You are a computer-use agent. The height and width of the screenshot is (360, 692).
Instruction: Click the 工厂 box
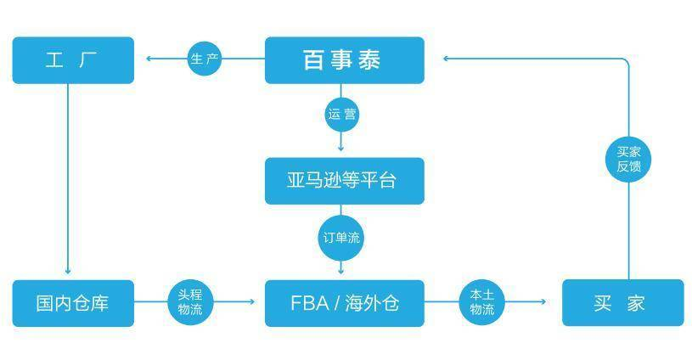[x=73, y=60]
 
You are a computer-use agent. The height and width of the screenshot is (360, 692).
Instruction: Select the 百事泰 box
[x=345, y=60]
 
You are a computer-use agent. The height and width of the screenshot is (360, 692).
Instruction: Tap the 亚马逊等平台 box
[x=345, y=181]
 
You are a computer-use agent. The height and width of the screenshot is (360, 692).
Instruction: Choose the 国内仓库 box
[x=73, y=303]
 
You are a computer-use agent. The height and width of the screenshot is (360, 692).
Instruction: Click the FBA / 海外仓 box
[x=345, y=303]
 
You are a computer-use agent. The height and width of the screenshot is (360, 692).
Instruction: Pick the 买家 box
[x=622, y=302]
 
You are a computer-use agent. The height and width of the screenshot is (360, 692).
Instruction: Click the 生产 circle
[x=205, y=59]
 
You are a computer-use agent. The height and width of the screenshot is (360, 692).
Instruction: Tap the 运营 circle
[x=341, y=115]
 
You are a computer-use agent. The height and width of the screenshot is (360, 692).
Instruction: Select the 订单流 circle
[x=341, y=238]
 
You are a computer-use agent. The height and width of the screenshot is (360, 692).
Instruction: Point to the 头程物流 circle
[x=190, y=302]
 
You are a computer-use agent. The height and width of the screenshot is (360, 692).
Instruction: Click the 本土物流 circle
[x=482, y=302]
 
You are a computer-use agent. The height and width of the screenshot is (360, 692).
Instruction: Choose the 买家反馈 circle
[x=628, y=160]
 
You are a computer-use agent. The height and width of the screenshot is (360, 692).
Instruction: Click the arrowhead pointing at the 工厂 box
[x=149, y=59]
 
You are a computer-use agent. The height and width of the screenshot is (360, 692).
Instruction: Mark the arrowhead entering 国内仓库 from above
[x=68, y=272]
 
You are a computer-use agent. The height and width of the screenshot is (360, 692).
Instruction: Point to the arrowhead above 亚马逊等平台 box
[x=340, y=149]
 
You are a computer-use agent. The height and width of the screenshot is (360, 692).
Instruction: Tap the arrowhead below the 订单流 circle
[x=340, y=272]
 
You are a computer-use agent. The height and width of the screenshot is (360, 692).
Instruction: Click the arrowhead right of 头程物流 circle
[x=252, y=301]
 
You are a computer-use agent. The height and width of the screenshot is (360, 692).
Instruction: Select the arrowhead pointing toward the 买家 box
[x=543, y=301]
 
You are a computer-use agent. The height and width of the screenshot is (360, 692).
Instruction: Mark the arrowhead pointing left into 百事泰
[x=446, y=59]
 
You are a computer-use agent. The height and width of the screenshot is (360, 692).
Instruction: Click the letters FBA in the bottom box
[x=309, y=303]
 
